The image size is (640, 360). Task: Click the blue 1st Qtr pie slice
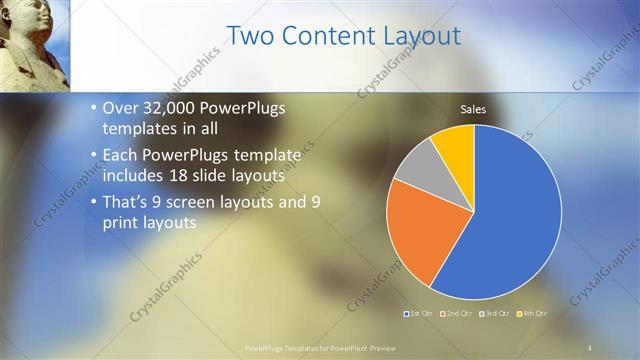(510, 220)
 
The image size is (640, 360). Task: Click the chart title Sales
(473, 109)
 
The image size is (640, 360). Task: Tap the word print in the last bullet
(124, 222)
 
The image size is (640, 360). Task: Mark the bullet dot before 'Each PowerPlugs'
(93, 155)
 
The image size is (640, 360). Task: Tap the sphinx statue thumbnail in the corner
(35, 45)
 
